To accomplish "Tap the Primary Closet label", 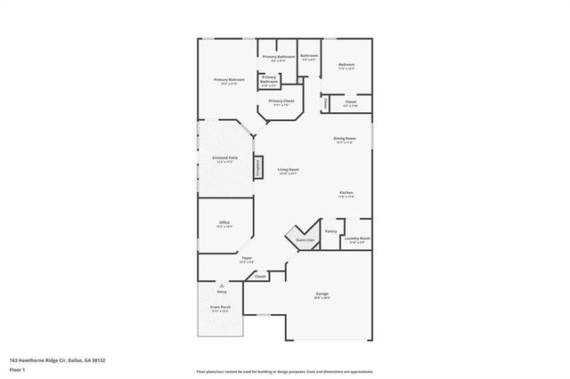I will (281, 101).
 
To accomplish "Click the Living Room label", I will (288, 169).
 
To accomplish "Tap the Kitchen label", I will (346, 193).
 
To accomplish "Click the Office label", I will (224, 222).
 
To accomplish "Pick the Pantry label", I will (330, 231).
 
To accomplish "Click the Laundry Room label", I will (357, 238).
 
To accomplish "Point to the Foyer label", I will (247, 259).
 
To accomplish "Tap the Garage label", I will (322, 294).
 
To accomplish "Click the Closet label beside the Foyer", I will (260, 277).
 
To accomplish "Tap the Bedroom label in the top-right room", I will (346, 64).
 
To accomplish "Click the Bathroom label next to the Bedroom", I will (309, 56).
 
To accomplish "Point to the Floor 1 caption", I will (18, 369).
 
